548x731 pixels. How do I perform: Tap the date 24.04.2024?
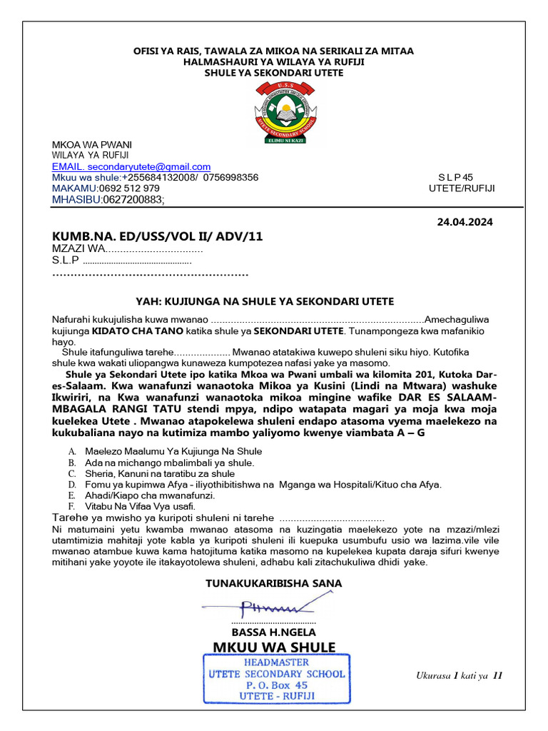(465, 222)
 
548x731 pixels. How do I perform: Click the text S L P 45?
(455, 177)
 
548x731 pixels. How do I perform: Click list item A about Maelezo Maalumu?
(173, 451)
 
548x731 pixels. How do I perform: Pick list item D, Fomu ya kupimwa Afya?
(263, 485)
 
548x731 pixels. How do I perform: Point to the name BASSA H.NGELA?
(274, 632)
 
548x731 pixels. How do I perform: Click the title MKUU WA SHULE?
(274, 647)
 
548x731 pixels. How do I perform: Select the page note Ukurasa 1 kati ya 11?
(459, 675)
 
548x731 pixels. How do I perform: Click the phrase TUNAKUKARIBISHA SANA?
(274, 583)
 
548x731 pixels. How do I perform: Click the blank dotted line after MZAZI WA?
(155, 249)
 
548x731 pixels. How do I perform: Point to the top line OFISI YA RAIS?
(274, 51)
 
